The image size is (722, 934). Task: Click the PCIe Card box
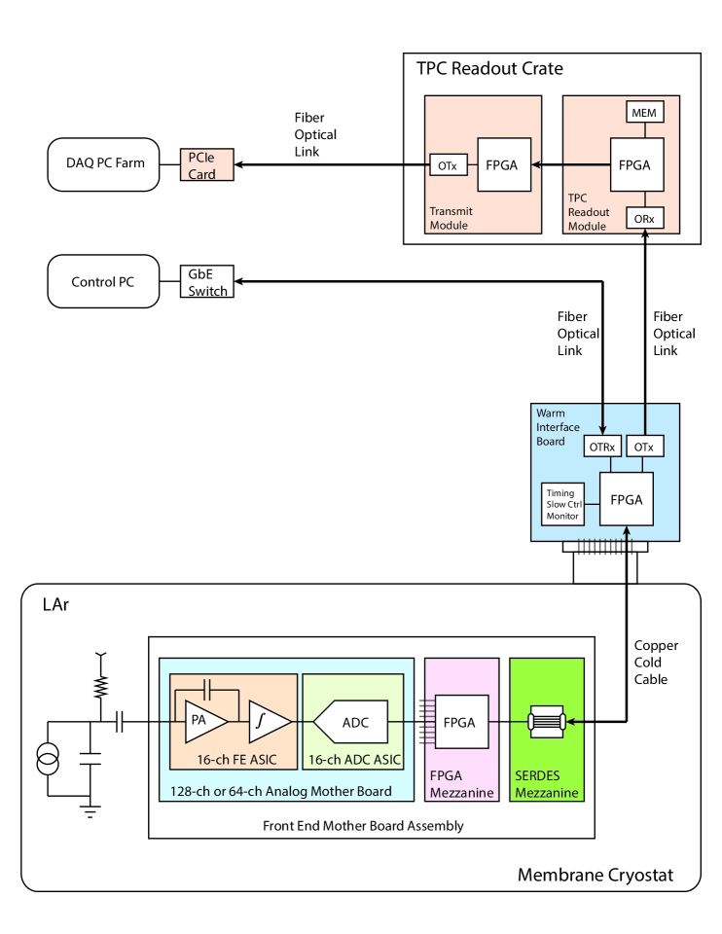point(205,164)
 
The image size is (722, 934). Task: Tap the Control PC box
point(102,283)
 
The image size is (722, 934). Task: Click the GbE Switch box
point(206,282)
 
